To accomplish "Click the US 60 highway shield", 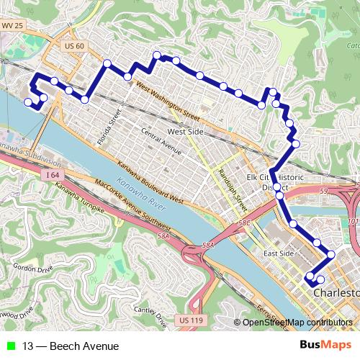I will (74, 46).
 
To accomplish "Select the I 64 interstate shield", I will (50, 175).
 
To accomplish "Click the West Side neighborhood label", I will (185, 132).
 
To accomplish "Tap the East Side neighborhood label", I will (279, 253).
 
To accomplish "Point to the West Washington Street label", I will (166, 102).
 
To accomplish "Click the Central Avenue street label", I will (161, 140).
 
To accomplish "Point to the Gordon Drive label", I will (33, 268).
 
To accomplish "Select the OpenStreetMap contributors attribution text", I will (297, 323).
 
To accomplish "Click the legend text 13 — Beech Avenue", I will (71, 346).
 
